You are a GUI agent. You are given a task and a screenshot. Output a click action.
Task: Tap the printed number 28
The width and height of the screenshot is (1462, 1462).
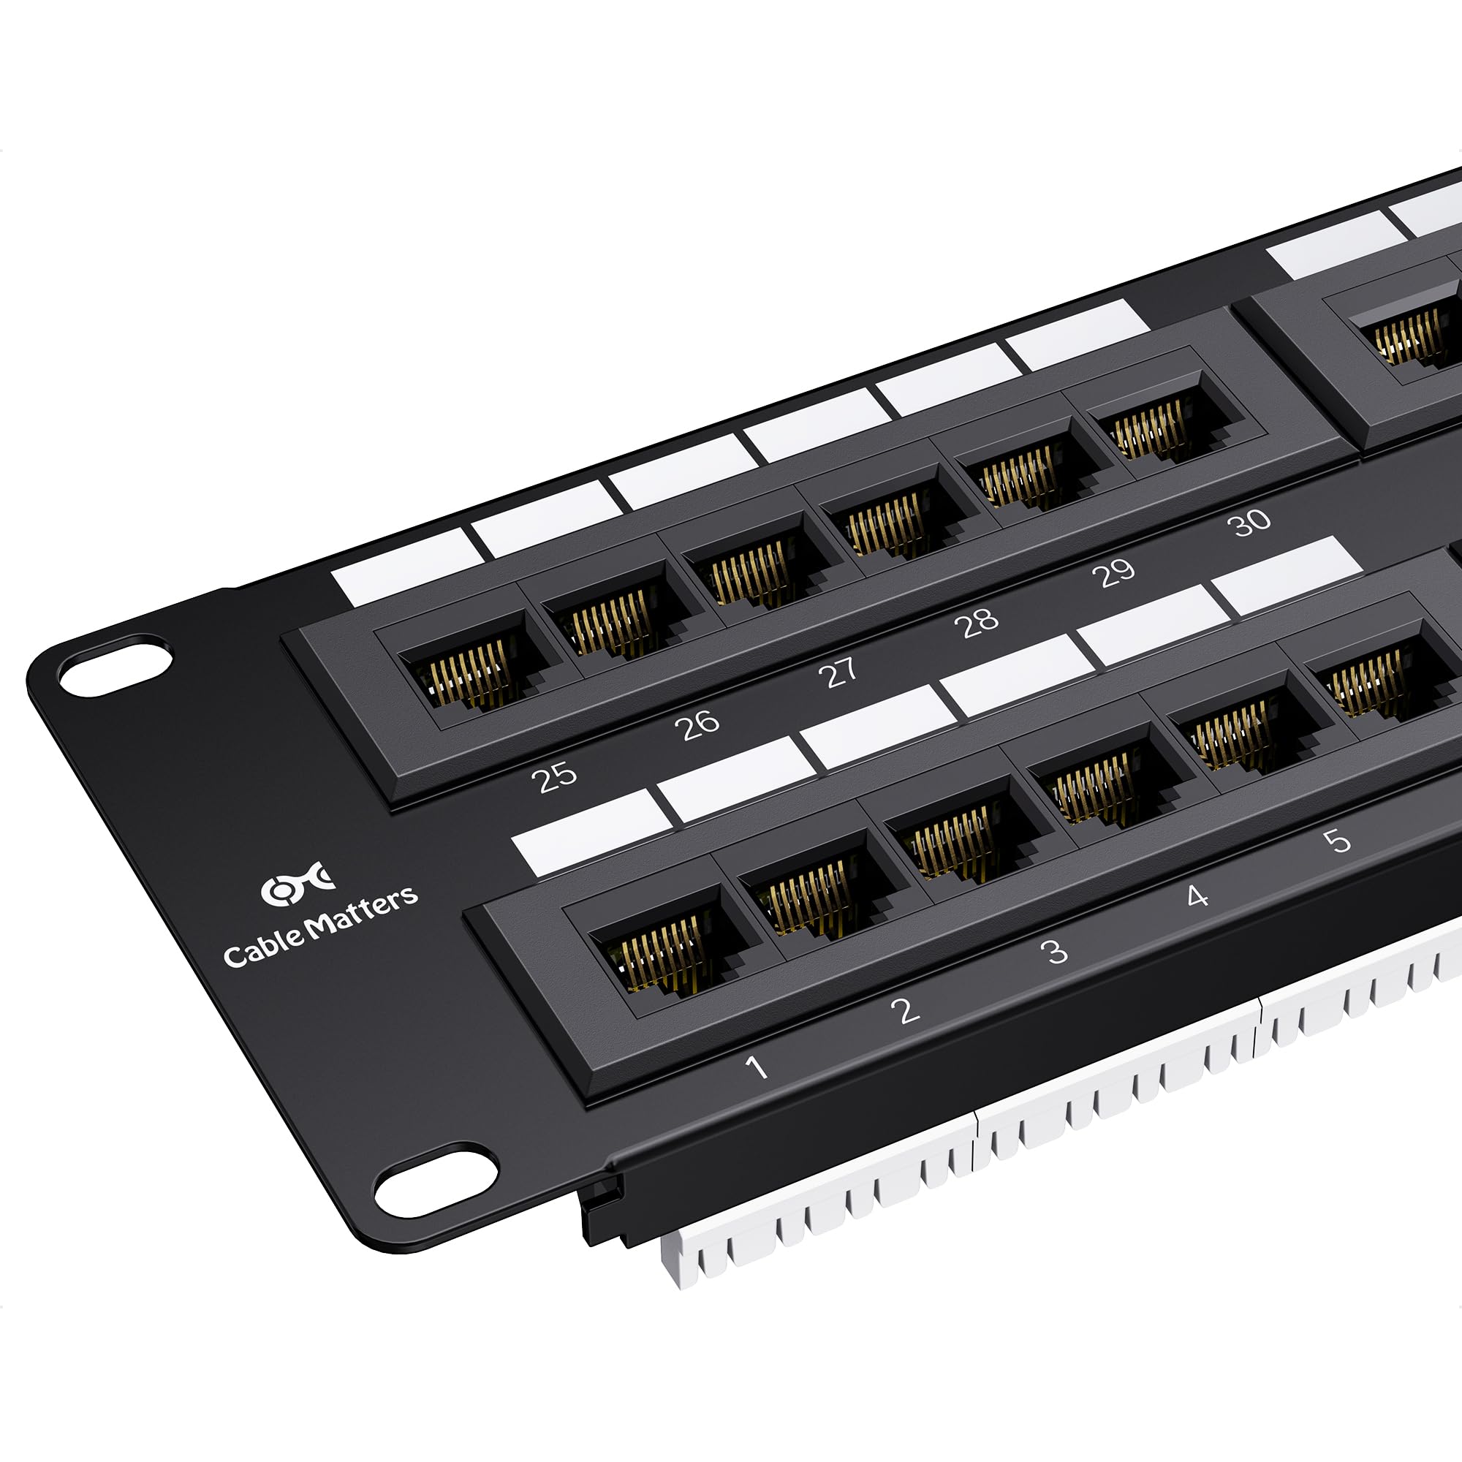(x=976, y=622)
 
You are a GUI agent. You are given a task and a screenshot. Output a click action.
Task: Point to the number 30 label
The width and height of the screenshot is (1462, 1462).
(x=1251, y=521)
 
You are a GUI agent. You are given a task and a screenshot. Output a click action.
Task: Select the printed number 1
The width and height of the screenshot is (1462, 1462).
(x=756, y=1067)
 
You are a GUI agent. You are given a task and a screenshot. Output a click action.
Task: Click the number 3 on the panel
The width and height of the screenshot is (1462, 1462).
(x=1054, y=950)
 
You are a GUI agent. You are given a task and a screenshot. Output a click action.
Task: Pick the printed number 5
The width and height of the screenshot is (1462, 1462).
(x=1337, y=840)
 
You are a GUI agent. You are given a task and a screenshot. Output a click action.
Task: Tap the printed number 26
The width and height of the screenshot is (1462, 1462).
(x=696, y=724)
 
